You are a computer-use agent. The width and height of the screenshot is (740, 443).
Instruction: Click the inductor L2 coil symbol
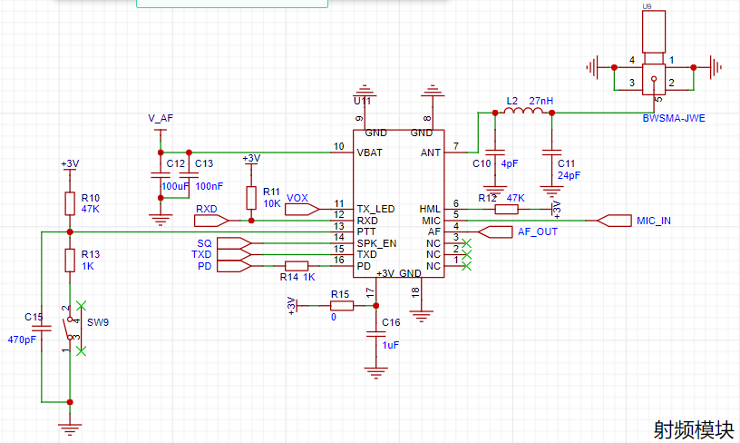tap(523, 111)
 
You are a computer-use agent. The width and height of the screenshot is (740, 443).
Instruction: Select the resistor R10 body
tap(70, 203)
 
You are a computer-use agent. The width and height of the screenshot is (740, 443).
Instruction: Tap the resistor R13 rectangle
tap(70, 261)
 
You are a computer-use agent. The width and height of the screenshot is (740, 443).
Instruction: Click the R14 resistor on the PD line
tap(297, 266)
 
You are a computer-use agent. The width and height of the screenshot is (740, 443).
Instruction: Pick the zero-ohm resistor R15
tap(342, 306)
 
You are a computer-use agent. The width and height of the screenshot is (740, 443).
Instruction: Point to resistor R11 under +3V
tap(251, 198)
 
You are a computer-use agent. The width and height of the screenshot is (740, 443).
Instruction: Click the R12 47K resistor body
tap(506, 209)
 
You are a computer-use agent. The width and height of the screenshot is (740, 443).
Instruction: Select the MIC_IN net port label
tap(654, 221)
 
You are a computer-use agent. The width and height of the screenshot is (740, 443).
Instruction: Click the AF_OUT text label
tap(538, 231)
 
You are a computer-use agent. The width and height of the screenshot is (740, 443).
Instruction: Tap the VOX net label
tap(297, 199)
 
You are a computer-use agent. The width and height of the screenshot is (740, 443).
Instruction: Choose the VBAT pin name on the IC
tap(369, 153)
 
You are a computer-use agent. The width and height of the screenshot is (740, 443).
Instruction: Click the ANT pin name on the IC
tap(431, 153)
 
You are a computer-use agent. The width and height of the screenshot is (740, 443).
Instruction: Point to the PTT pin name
tap(366, 231)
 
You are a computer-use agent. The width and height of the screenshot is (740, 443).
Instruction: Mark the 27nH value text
tap(540, 101)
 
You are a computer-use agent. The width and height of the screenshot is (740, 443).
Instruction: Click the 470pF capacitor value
tap(22, 340)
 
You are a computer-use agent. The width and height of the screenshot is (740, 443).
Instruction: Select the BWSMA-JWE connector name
tap(674, 118)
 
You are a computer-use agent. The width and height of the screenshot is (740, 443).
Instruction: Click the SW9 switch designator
tap(98, 322)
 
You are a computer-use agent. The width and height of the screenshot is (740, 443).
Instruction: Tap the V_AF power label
tap(161, 118)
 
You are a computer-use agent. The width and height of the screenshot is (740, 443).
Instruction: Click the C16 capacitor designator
tap(391, 322)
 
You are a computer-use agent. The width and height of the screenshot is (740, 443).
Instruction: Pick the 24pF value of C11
tap(570, 175)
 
